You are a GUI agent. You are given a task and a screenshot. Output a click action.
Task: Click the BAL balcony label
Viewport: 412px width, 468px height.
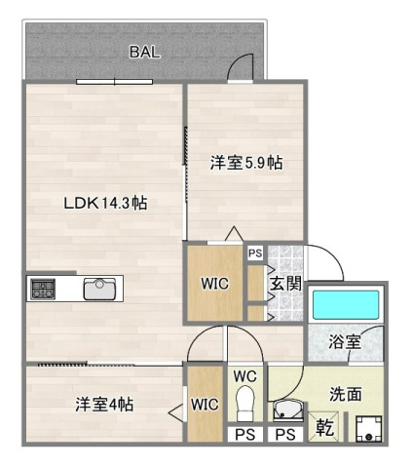pyautogui.click(x=144, y=53)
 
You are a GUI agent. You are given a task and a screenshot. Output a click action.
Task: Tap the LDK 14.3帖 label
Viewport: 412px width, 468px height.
pyautogui.click(x=105, y=204)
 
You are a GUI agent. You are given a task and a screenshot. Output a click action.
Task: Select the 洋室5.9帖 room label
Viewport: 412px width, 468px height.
pyautogui.click(x=245, y=164)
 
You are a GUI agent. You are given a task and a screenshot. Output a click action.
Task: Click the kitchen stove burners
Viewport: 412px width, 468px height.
pyautogui.click(x=44, y=289)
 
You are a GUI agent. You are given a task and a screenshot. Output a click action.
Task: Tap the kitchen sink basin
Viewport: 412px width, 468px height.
pyautogui.click(x=100, y=289)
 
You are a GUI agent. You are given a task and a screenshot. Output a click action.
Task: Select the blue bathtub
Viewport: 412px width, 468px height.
pyautogui.click(x=346, y=306)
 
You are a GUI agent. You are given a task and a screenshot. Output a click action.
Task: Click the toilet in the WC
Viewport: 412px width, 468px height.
pyautogui.click(x=245, y=402)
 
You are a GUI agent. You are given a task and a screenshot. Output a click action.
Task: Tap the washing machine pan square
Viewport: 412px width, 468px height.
pyautogui.click(x=368, y=428)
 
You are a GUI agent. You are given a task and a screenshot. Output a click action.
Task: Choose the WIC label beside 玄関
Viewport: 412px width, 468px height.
pyautogui.click(x=214, y=285)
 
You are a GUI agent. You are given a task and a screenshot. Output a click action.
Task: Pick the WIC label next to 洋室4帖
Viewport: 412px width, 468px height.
pyautogui.click(x=205, y=404)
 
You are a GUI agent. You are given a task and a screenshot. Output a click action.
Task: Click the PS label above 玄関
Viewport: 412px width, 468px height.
pyautogui.click(x=255, y=253)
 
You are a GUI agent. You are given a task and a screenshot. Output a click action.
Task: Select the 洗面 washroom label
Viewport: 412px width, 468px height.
pyautogui.click(x=346, y=395)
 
